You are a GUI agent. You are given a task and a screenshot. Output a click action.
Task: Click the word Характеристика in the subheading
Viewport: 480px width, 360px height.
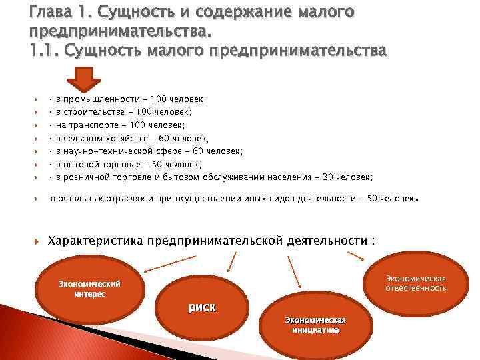coord(96,240)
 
